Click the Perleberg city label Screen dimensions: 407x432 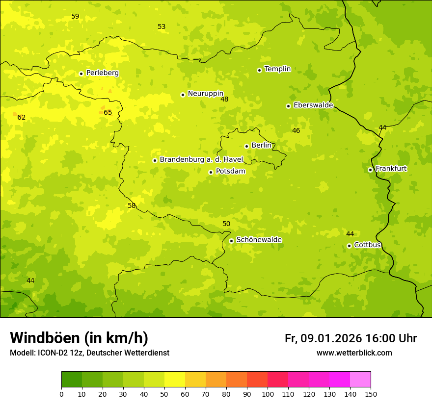pos(102,73)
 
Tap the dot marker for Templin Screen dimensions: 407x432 pos(259,70)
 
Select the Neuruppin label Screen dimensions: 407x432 pos(205,94)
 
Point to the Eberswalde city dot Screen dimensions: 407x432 pos(288,106)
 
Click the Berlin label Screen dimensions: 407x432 pos(261,146)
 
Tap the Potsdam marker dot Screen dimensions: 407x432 pos(211,172)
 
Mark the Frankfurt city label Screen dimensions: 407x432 pos(391,169)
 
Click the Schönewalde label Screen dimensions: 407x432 pos(259,240)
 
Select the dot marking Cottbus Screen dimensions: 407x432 pos(349,246)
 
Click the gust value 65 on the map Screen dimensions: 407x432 pos(108,112)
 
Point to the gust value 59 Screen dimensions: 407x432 pos(75,16)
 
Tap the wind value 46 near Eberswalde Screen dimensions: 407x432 pos(296,130)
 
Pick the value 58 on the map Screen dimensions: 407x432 pos(132,205)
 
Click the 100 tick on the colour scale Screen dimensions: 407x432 pos(268,394)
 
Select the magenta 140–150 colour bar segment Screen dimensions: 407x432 pos(360,380)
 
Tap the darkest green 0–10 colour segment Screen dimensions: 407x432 pos(72,380)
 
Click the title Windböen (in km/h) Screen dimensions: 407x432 pos(79,338)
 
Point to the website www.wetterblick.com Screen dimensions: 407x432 pos(354,353)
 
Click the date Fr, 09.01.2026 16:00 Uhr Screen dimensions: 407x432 pos(351,338)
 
